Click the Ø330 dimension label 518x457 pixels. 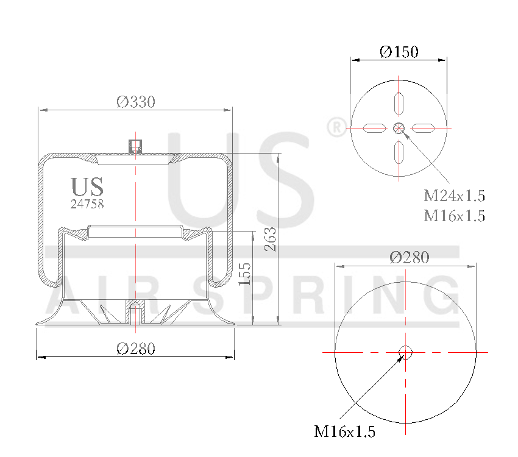coord(135,102)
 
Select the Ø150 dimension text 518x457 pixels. coord(399,52)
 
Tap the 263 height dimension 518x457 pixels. coord(271,239)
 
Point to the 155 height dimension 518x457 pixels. coord(245,274)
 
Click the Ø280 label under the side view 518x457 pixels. coord(135,349)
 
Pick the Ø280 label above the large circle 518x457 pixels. coord(409,258)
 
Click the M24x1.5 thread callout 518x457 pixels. coord(454,196)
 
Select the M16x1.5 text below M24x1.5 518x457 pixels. coord(454,216)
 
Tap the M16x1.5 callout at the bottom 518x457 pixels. coord(344,432)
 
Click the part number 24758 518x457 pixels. coord(87,205)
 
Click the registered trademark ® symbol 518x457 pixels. coord(336,127)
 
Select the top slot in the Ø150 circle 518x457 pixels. coord(399,104)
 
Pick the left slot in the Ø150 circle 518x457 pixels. coord(374,128)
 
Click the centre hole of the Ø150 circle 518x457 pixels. coord(399,128)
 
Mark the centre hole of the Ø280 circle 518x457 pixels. coord(405,352)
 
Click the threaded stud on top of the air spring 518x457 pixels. coord(134,147)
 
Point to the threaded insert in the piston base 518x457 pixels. coord(134,314)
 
